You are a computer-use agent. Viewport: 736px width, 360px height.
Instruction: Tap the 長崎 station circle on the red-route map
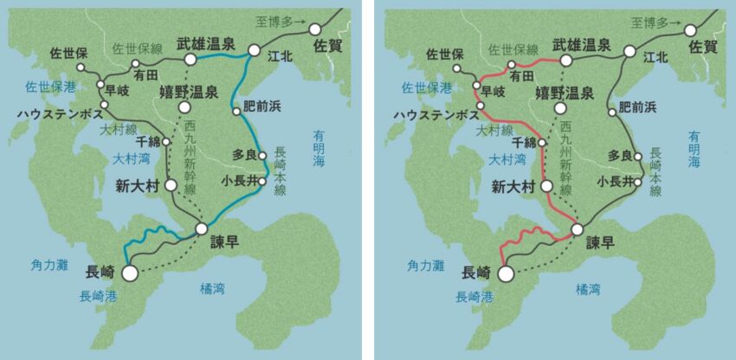[x=506, y=273]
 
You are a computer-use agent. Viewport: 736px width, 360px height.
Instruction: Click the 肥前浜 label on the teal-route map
[x=268, y=107]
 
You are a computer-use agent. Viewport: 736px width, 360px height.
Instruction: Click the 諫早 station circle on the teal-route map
[x=202, y=228]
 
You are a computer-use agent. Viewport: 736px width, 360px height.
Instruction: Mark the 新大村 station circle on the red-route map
[x=546, y=185]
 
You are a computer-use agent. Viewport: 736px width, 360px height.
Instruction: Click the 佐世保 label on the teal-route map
[x=70, y=54]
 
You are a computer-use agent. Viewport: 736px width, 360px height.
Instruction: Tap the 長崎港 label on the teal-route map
[x=96, y=296]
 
